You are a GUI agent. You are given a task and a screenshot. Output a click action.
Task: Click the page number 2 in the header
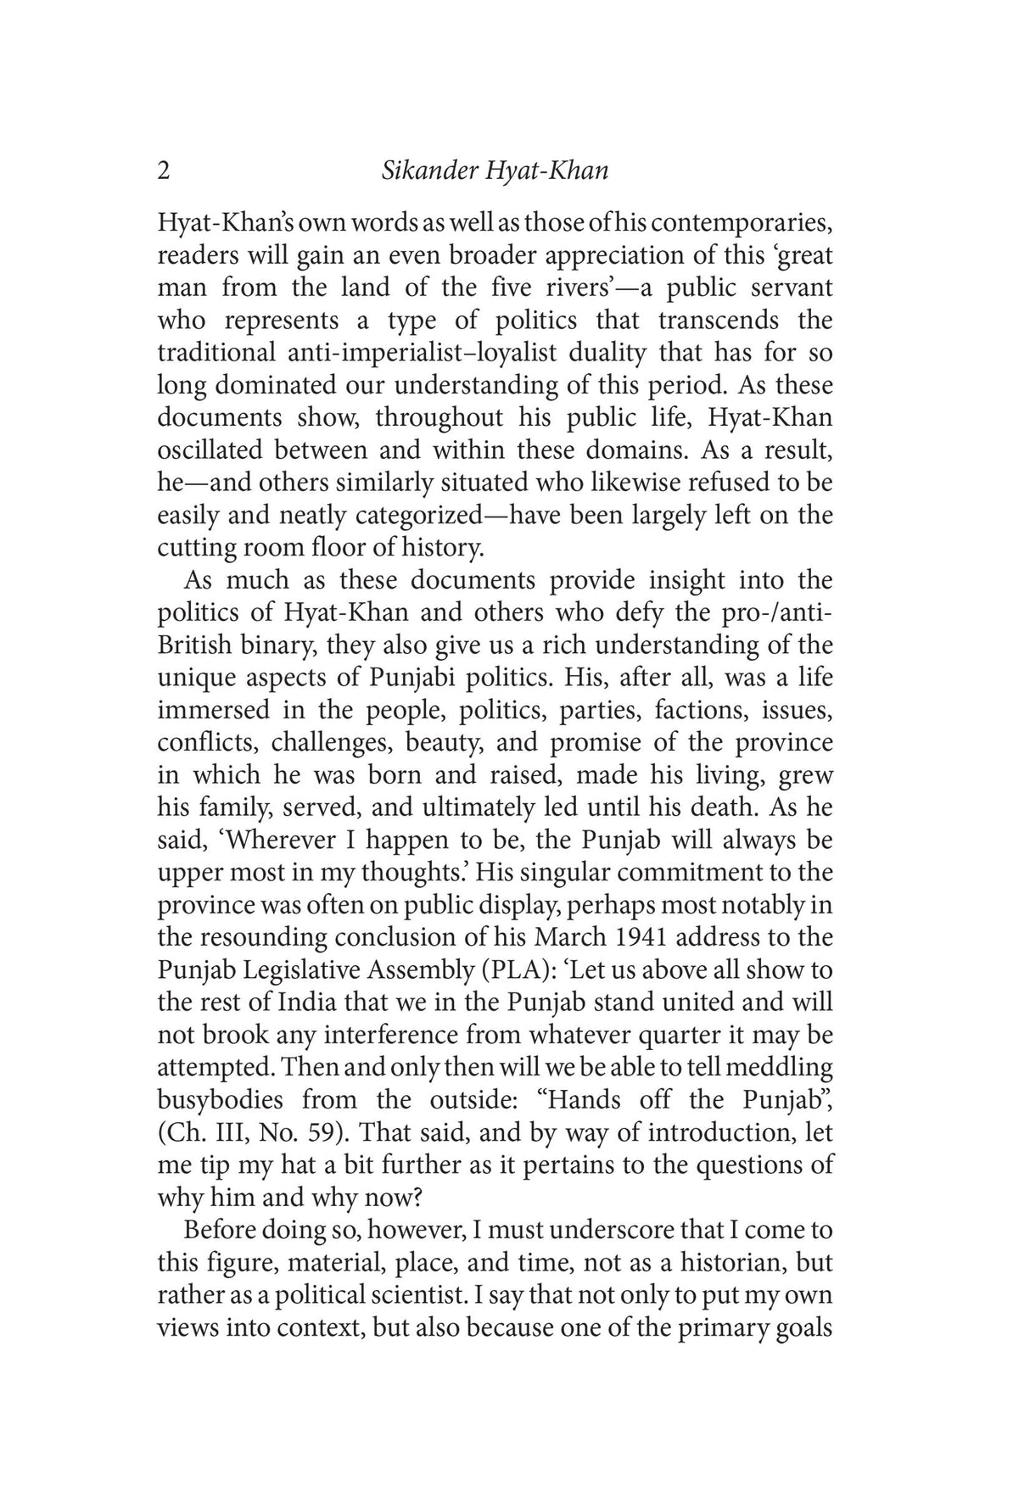click(164, 171)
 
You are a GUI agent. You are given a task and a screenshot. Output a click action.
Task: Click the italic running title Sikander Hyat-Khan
click(495, 171)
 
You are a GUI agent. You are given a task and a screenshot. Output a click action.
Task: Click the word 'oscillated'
click(210, 450)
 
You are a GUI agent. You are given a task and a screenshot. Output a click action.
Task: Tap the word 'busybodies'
click(221, 1100)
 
